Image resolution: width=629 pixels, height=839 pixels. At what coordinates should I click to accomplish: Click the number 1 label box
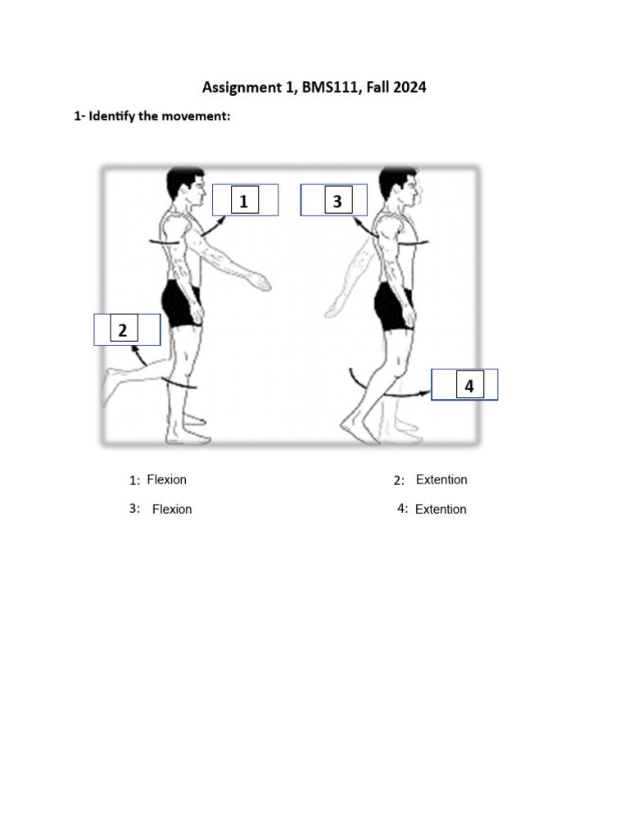[x=244, y=201]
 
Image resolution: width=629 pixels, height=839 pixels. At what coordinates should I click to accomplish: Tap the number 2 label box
[x=123, y=330]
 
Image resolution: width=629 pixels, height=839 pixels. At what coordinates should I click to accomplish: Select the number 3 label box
[x=337, y=201]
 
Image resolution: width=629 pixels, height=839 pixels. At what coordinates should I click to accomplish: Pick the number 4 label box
[x=469, y=385]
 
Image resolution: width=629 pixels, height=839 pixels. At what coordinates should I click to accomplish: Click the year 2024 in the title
[x=408, y=87]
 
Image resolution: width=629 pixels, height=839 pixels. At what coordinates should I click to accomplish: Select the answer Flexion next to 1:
[x=167, y=480]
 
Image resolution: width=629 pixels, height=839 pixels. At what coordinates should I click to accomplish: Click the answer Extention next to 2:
[x=441, y=480]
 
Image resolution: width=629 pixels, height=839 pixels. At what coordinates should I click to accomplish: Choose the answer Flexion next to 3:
[x=172, y=510]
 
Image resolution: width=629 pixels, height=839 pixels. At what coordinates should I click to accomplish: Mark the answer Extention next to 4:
[x=441, y=510]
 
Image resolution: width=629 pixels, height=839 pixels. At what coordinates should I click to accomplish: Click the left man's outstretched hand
[x=262, y=283]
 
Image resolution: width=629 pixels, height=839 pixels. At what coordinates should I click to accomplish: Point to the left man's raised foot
[x=112, y=383]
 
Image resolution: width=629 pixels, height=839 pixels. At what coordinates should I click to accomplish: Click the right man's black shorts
[x=394, y=306]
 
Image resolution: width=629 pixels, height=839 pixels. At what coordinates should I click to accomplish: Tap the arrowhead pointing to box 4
[x=427, y=393]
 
